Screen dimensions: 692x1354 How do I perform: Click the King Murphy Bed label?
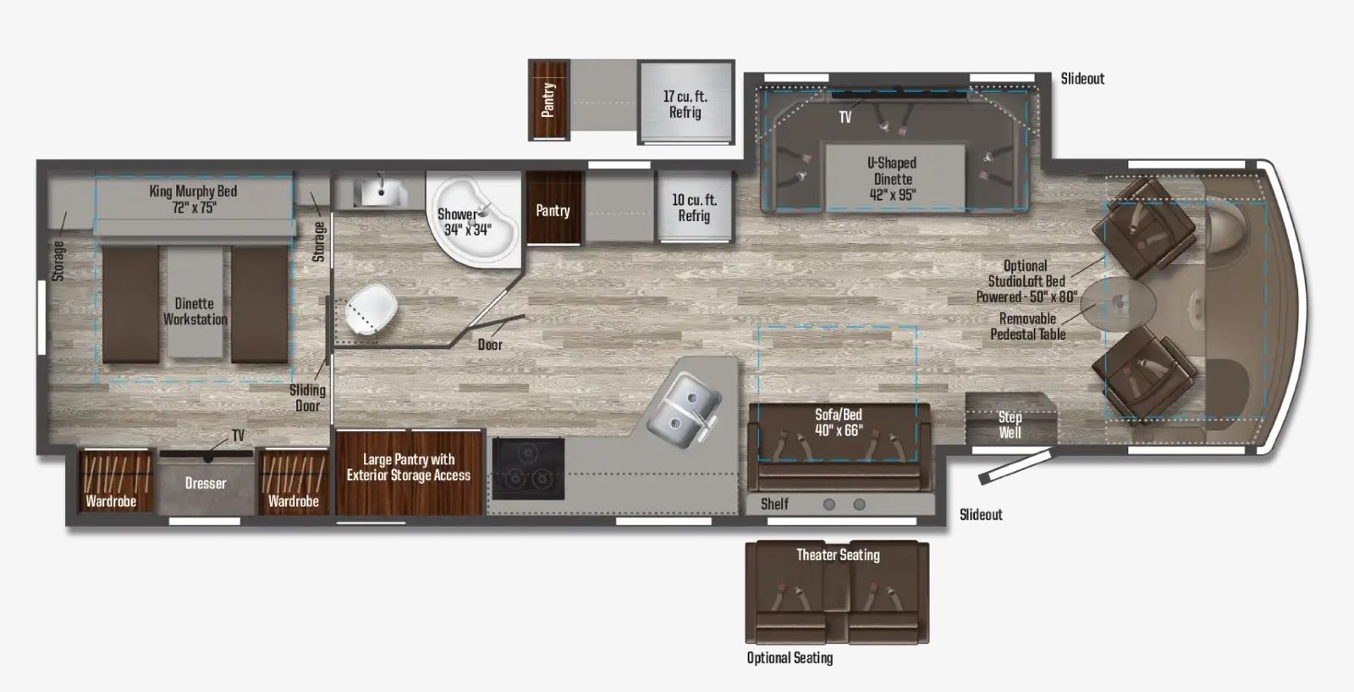point(193,199)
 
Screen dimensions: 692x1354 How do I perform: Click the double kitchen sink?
point(683,403)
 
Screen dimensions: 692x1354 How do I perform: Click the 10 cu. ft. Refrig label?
point(694,208)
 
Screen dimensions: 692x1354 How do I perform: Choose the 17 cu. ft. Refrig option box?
point(685,103)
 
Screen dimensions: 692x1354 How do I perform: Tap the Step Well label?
point(1010,424)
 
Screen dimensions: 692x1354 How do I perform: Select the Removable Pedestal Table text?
point(1027,326)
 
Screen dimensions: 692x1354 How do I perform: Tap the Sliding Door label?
point(307,397)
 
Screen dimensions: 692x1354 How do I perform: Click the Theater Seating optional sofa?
point(837,593)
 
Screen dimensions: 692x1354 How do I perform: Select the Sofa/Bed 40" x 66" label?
point(839,422)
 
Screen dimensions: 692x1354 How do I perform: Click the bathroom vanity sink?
point(379,192)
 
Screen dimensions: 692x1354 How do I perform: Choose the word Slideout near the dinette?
point(1082,78)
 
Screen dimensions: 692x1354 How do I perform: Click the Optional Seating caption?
point(790,657)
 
